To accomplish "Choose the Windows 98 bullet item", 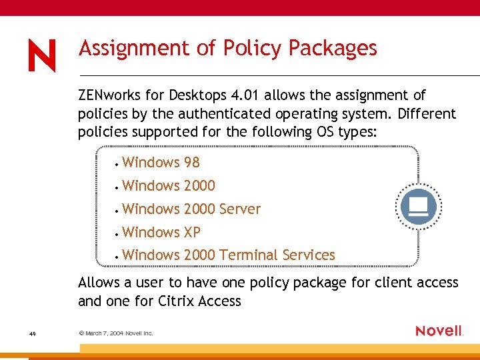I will point(161,163).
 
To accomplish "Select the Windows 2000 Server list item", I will point(191,209).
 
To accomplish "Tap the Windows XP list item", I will point(161,233).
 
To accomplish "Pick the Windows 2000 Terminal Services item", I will point(229,255).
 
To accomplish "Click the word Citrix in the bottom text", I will point(179,301).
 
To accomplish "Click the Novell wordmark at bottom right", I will point(439,331).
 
